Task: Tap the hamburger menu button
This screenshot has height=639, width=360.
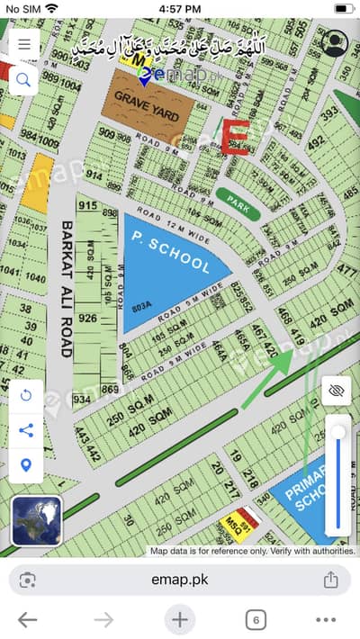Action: coord(23,43)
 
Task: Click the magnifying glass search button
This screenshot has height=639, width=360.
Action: coord(23,80)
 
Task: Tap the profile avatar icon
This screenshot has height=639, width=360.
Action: coord(335,43)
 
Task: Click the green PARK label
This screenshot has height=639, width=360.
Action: coord(238,203)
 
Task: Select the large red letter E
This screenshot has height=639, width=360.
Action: coord(234,138)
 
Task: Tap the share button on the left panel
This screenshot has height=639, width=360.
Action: coord(25,430)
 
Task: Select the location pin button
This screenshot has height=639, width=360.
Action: coord(25,464)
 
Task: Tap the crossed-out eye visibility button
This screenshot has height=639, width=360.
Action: coord(337,390)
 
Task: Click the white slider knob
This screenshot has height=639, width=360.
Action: coord(338,433)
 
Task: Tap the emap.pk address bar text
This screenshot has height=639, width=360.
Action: coord(180,580)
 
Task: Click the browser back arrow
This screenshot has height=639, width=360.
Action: coord(27,619)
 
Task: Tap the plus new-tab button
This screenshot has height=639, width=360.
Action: coord(180,619)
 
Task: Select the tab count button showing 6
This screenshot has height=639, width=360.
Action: coord(256,619)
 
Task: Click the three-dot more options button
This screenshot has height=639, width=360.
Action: coord(326,619)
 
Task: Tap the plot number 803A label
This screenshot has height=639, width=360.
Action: coord(142,306)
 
